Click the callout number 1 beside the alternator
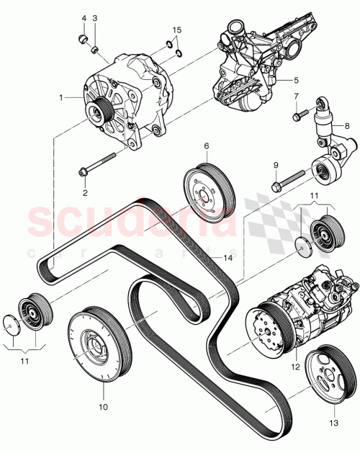[x=62, y=97]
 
